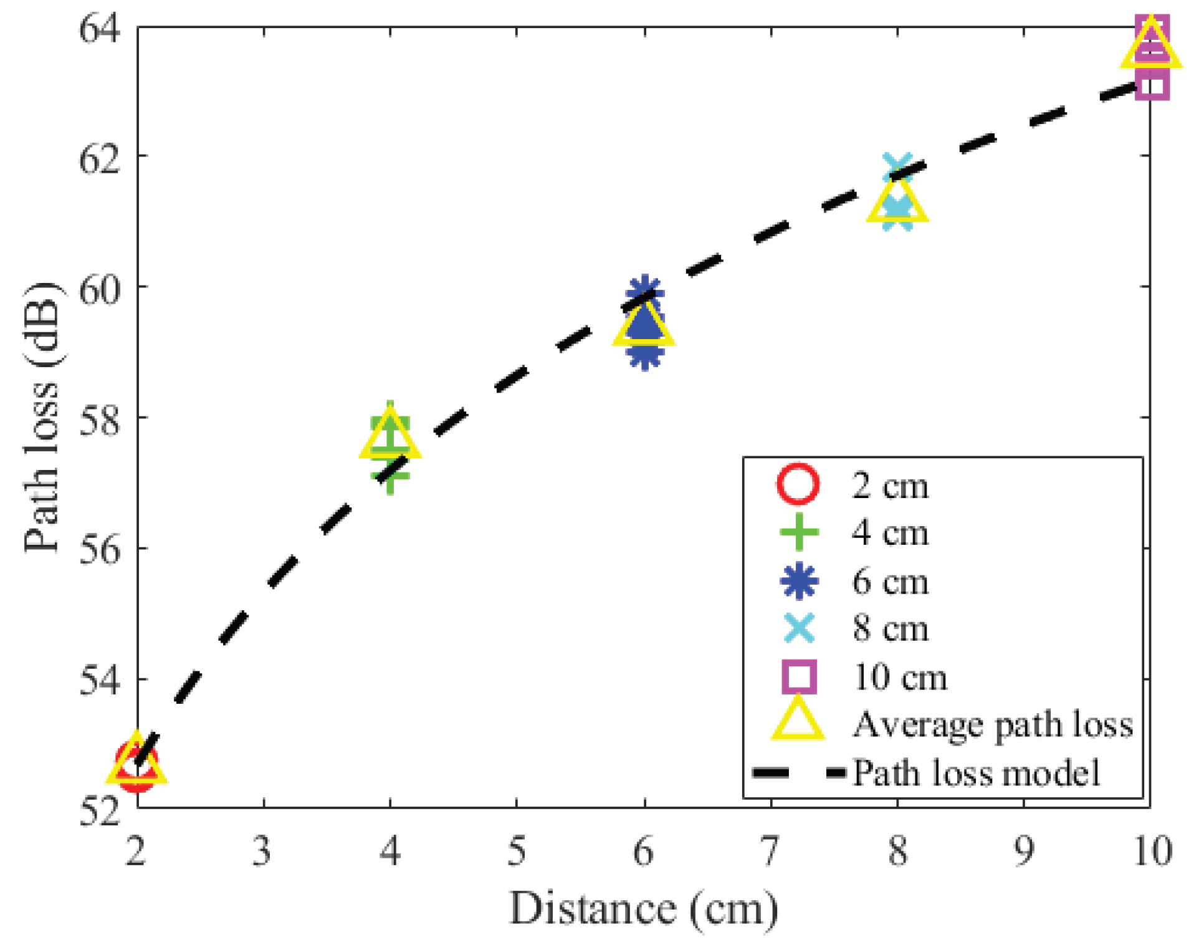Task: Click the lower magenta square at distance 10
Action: [x=1151, y=84]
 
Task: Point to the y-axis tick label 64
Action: [x=99, y=28]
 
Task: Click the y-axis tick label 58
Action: [x=99, y=419]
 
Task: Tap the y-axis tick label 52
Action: [x=99, y=810]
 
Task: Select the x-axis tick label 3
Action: [x=262, y=850]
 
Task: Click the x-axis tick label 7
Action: [x=770, y=850]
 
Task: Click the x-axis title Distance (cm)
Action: [x=644, y=909]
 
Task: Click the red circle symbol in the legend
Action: [x=798, y=484]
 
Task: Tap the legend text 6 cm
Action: [x=891, y=581]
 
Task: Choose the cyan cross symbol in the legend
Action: [x=799, y=628]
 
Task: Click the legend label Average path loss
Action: [x=993, y=724]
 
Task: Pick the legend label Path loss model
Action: [x=977, y=773]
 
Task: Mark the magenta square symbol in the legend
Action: [x=799, y=676]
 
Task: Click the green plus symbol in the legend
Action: [x=799, y=532]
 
